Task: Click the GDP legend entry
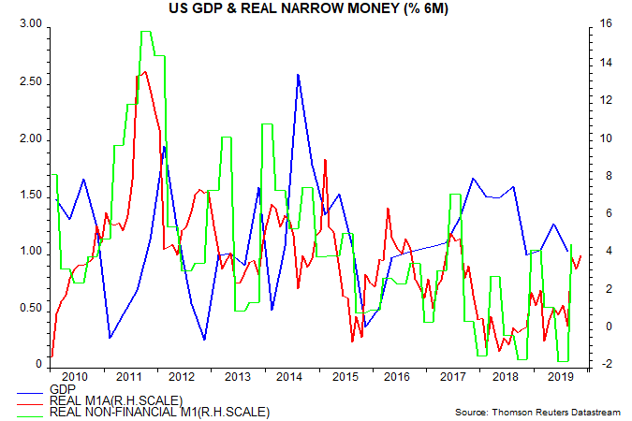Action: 62,388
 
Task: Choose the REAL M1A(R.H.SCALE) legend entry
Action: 116,399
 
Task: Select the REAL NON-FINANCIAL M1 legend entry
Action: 160,411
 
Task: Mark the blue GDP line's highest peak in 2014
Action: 298,74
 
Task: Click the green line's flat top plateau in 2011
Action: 146,32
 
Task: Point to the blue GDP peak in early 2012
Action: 165,146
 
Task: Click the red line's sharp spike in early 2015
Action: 325,159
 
